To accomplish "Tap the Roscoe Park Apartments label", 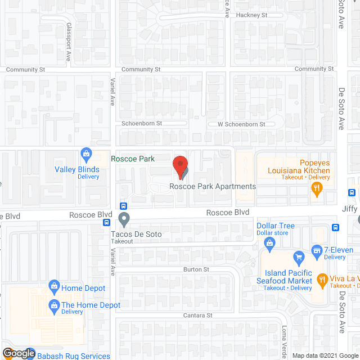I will coord(213,187).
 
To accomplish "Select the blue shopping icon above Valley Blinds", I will coord(87,153).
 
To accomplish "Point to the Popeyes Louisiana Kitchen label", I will coord(298,166).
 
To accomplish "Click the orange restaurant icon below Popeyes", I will coord(317,190).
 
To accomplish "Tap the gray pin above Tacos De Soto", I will coord(124,218).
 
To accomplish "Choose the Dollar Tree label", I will coord(276,226).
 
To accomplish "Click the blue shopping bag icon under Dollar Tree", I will coord(269,243).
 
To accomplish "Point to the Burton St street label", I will coord(196,270).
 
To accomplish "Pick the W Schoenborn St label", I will coord(245,124).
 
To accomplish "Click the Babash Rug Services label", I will coord(73,355).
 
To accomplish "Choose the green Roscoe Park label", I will coord(133,159).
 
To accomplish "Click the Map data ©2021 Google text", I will coord(325,355).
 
